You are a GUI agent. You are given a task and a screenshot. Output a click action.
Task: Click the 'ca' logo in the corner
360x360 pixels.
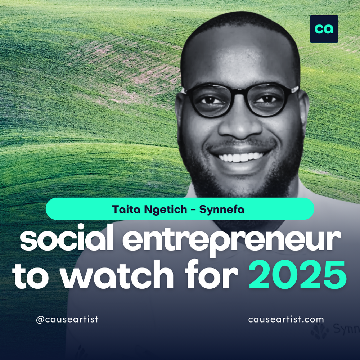(324, 29)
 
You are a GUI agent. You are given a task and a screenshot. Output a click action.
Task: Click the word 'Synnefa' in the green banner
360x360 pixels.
(223, 210)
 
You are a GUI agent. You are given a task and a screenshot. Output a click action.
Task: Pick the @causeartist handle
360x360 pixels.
(67, 319)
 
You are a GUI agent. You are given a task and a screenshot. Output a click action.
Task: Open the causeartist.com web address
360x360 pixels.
(286, 319)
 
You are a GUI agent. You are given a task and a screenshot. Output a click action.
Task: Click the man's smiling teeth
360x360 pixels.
(240, 157)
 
